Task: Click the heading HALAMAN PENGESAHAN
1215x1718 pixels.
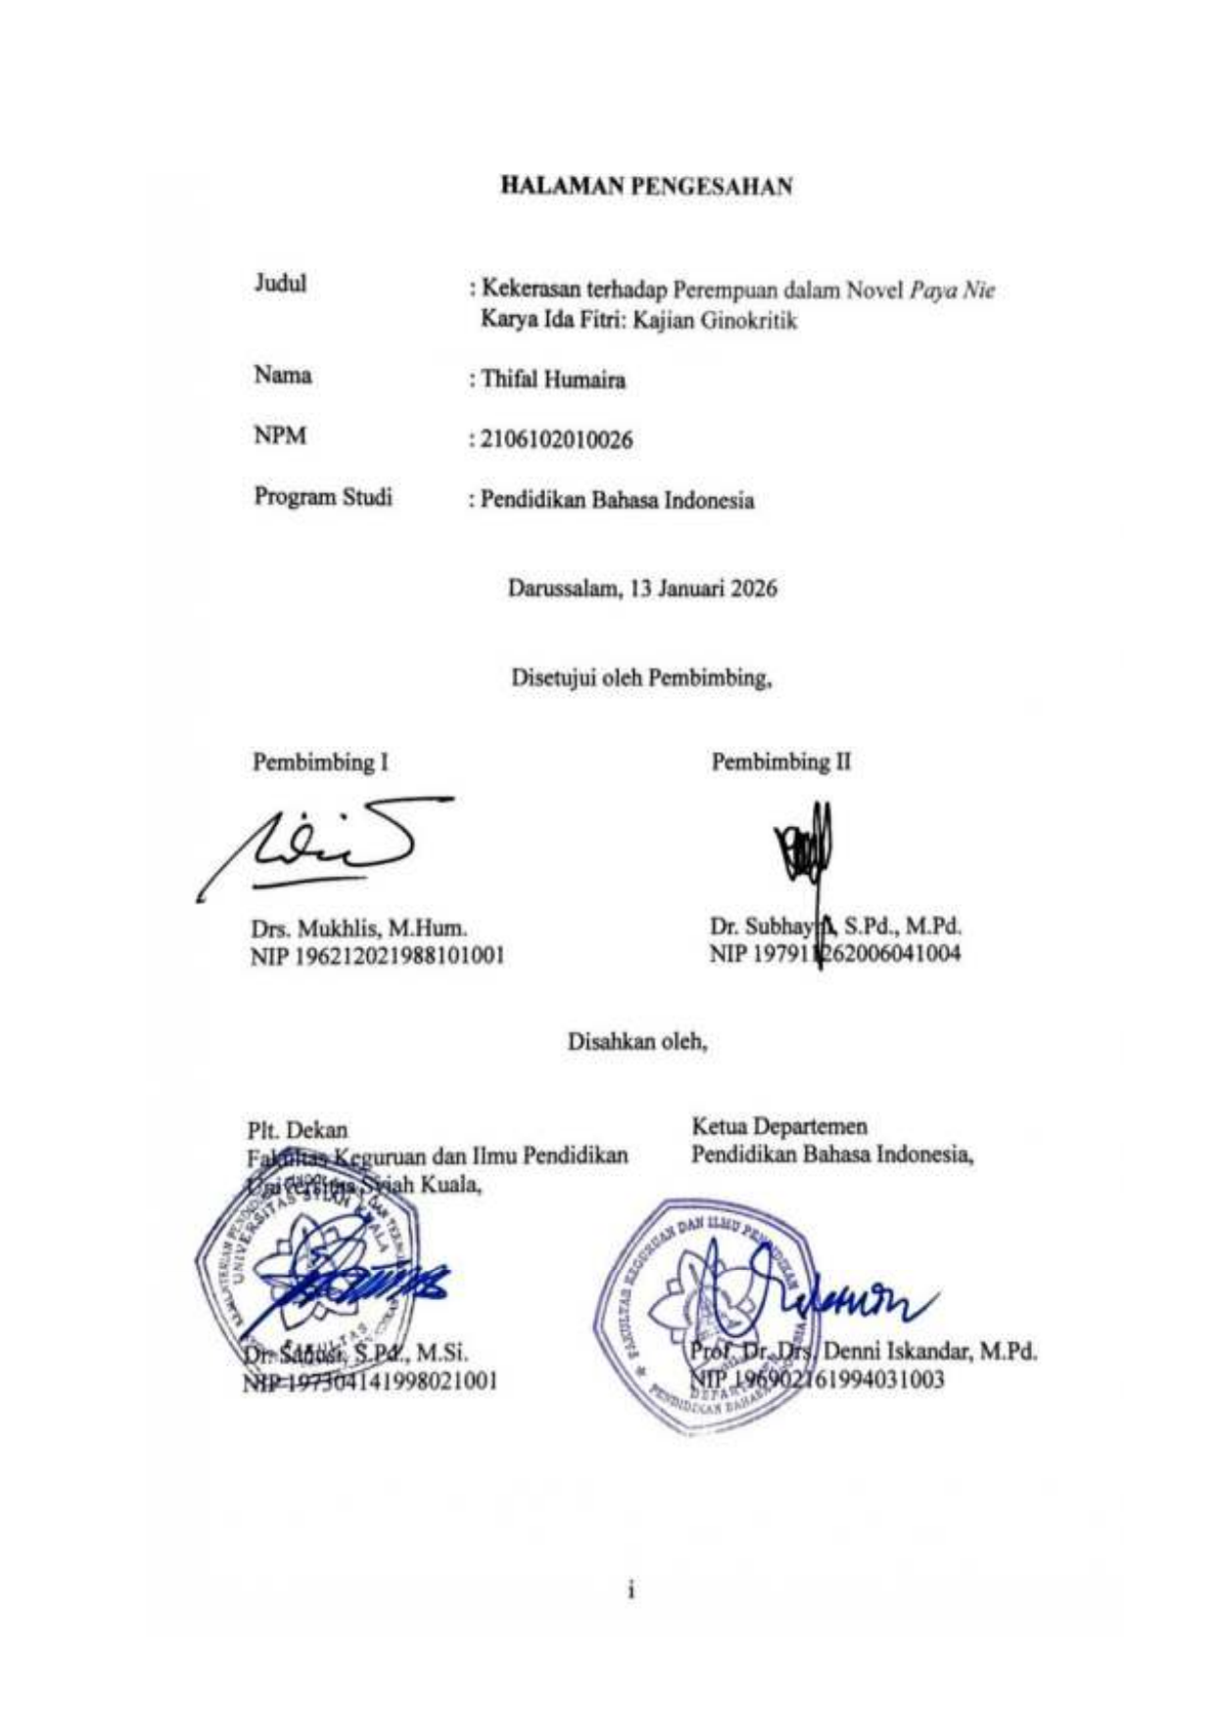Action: [x=646, y=186]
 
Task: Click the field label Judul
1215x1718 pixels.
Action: [x=280, y=283]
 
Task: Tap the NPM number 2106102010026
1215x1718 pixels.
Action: [x=556, y=440]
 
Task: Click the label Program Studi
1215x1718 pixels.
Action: [x=323, y=496]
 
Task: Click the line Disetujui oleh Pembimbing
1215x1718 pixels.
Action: [x=641, y=676]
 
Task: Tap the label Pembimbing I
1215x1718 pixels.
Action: [x=320, y=762]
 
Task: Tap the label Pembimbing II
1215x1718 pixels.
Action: [x=780, y=762]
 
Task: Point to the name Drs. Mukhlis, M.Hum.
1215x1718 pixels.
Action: [x=358, y=926]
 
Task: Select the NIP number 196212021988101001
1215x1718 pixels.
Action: [x=378, y=954]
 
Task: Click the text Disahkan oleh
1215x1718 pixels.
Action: [x=637, y=1041]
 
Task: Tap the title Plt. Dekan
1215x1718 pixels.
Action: [x=297, y=1131]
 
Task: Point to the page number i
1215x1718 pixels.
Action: [x=631, y=1591]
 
